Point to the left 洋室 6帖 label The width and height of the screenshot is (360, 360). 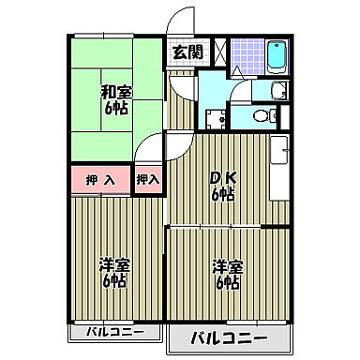(113, 274)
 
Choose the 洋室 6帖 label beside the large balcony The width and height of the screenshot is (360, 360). (226, 273)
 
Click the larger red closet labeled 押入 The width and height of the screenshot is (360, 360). (100, 179)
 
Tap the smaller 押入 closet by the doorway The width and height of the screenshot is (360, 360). (147, 178)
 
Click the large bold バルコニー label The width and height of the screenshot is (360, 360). (230, 338)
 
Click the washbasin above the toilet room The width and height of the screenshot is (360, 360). (277, 90)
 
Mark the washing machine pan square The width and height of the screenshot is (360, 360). (216, 118)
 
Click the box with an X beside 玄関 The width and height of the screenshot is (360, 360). (218, 52)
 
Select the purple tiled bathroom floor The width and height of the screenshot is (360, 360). (246, 54)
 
